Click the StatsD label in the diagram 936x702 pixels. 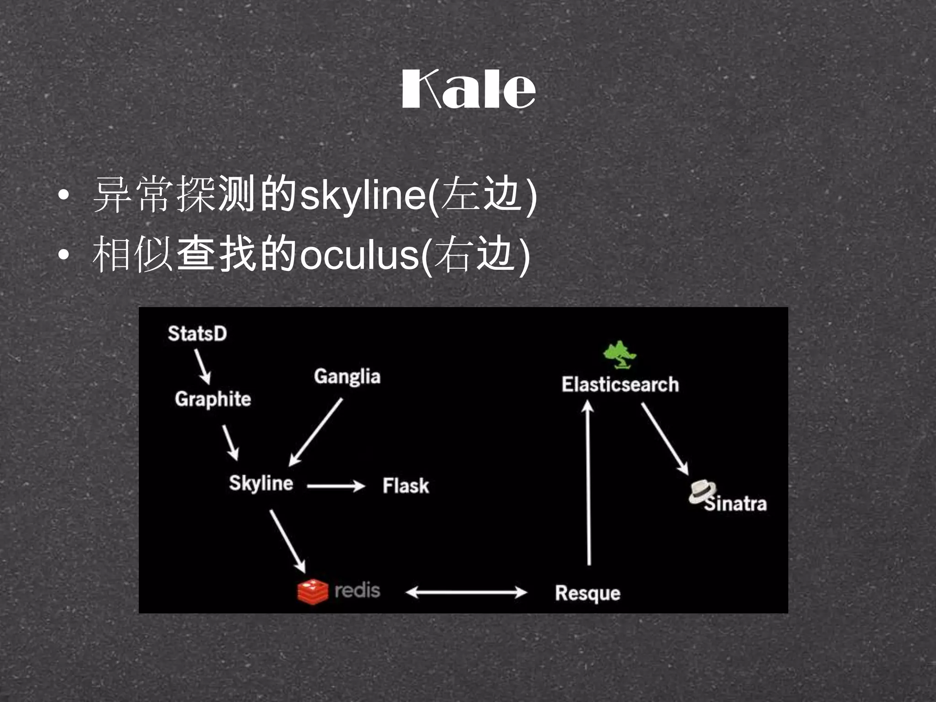(x=197, y=334)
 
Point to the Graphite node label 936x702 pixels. (x=213, y=399)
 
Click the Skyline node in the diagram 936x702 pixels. (x=261, y=484)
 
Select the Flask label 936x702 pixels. (x=406, y=485)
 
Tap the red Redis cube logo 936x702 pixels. (x=313, y=591)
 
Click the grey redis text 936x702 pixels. (x=357, y=590)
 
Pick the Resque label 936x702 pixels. (x=588, y=593)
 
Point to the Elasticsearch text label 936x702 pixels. (x=620, y=384)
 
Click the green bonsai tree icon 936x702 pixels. (x=619, y=355)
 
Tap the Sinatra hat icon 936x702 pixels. (x=702, y=492)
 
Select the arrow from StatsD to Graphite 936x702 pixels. (x=202, y=367)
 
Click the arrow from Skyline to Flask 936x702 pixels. (x=336, y=486)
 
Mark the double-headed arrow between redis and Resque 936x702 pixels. (x=466, y=592)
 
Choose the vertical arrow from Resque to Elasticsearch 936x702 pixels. (x=588, y=482)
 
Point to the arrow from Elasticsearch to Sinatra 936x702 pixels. (x=665, y=439)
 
